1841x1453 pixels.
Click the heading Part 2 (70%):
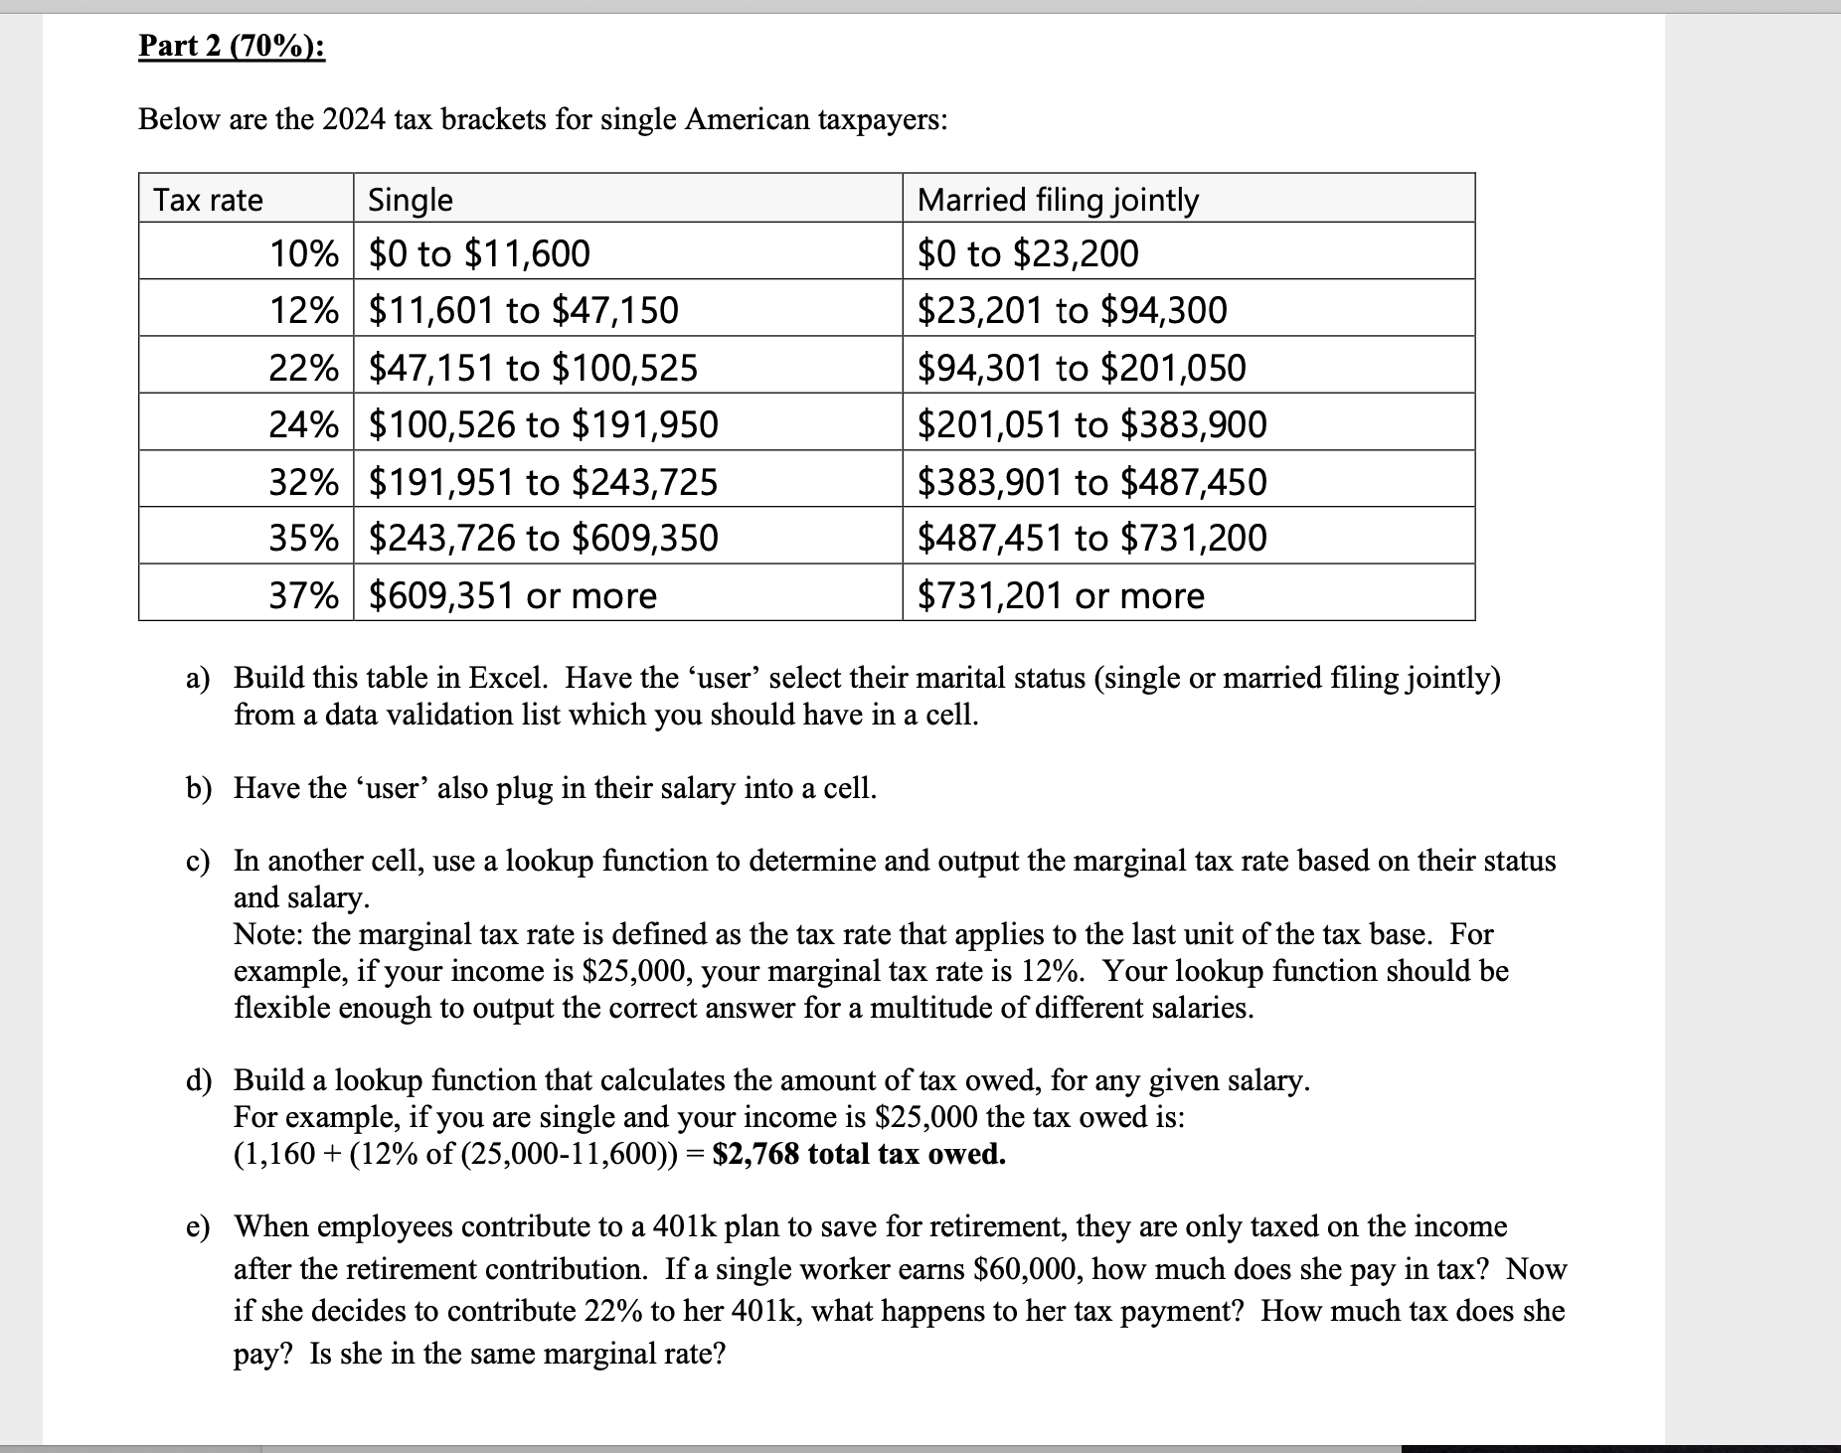click(x=231, y=47)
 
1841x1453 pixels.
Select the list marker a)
click(x=198, y=679)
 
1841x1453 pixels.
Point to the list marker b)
click(x=199, y=789)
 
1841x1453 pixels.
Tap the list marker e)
click(x=198, y=1227)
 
